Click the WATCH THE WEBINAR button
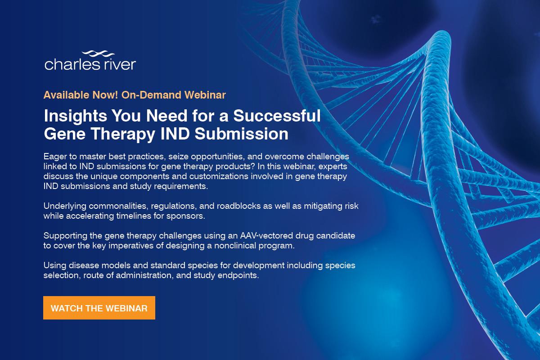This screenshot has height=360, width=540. [99, 308]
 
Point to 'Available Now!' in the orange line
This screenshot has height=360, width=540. [71, 95]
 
